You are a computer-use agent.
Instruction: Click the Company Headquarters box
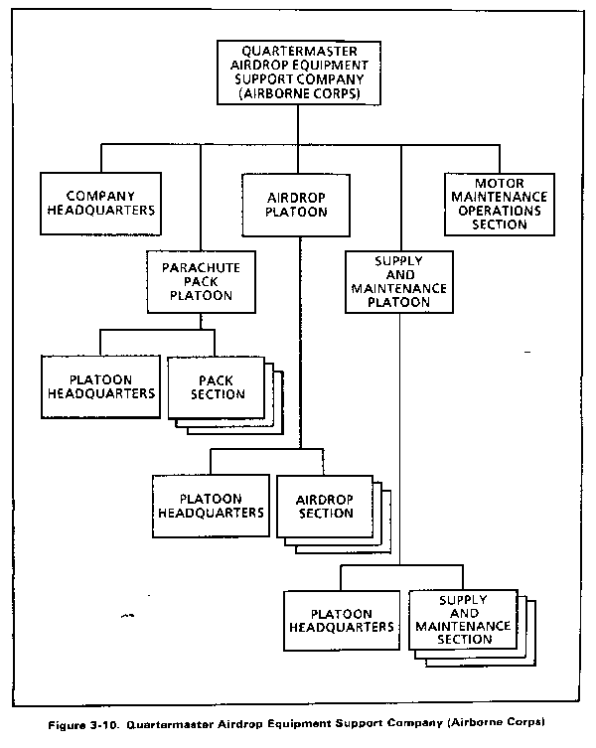[100, 204]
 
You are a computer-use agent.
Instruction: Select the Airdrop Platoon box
[296, 205]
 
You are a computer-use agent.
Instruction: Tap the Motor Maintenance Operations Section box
[500, 205]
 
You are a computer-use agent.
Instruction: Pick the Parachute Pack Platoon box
[202, 282]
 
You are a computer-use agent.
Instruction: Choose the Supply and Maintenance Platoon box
[399, 282]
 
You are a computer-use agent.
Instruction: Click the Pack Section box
[217, 387]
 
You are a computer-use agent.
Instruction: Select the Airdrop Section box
[325, 507]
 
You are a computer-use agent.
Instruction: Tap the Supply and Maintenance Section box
[463, 619]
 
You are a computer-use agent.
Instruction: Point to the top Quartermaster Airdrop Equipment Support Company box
[299, 73]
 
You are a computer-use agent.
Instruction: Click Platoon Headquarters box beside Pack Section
[100, 386]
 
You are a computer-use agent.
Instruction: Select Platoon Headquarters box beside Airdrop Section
[211, 507]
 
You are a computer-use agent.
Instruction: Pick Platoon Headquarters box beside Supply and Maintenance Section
[342, 621]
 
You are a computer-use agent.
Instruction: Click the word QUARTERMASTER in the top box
[299, 51]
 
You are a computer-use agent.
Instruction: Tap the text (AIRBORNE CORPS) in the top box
[299, 93]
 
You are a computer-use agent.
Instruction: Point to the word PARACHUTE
[201, 267]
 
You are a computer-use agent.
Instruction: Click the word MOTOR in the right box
[499, 183]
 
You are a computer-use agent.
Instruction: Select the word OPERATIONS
[500, 211]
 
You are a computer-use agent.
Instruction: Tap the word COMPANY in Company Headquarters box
[100, 196]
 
